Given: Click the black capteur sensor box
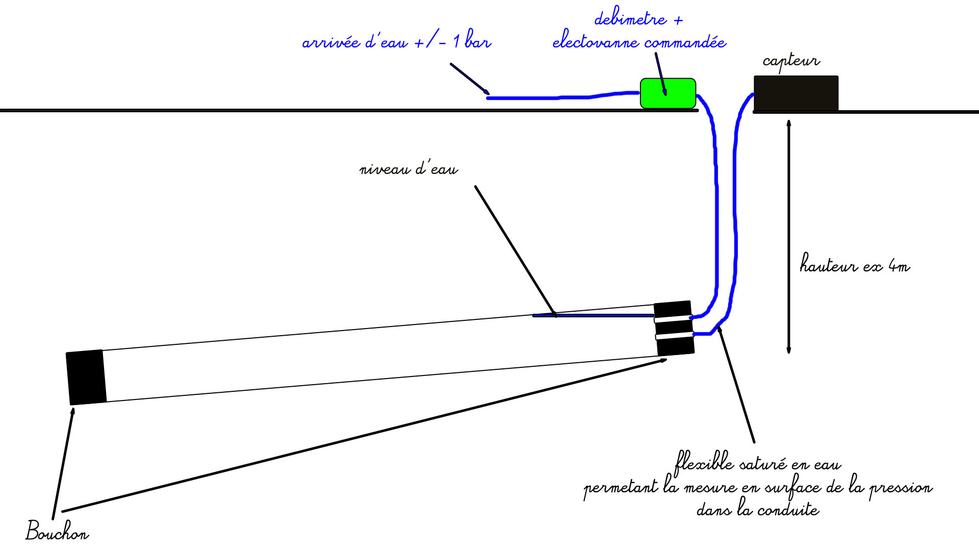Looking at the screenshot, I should click(x=795, y=93).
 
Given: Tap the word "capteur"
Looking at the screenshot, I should click(x=791, y=61).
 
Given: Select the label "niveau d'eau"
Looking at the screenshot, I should click(x=408, y=169).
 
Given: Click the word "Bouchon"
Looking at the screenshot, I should click(x=57, y=531).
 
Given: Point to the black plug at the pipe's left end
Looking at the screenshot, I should click(x=86, y=377).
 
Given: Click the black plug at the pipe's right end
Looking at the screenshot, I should click(x=674, y=328).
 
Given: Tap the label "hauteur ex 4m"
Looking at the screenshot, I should click(x=854, y=265).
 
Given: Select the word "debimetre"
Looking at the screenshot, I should click(x=630, y=19).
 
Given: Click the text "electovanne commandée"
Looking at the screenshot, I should click(x=639, y=41).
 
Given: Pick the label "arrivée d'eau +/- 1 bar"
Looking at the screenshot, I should click(x=396, y=41).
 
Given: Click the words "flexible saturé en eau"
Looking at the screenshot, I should click(x=758, y=463).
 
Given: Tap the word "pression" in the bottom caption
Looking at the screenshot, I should click(x=900, y=487).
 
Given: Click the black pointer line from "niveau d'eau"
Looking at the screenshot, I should click(x=515, y=250).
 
